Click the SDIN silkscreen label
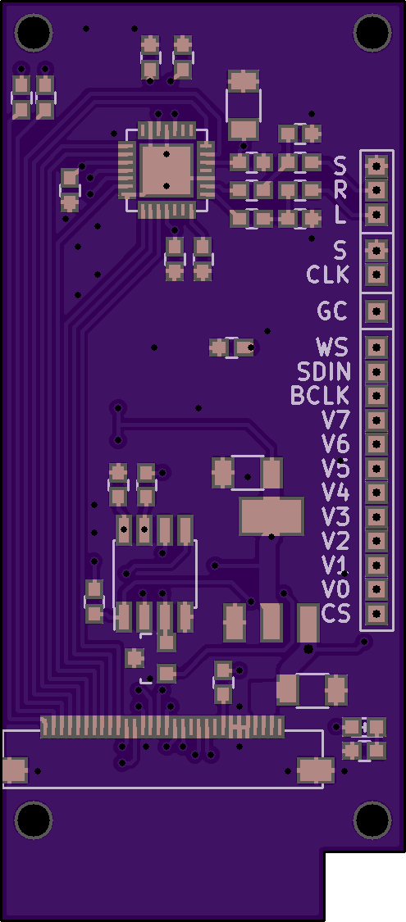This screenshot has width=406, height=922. [324, 371]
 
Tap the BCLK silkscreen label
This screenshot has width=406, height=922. [321, 396]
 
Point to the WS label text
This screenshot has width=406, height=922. [332, 347]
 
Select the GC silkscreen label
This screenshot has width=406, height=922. [332, 311]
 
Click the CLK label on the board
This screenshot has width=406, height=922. [328, 275]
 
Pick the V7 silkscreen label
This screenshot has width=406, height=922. [336, 420]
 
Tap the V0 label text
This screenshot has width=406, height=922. [336, 588]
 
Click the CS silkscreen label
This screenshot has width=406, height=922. [336, 614]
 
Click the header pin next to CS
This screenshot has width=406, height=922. [376, 614]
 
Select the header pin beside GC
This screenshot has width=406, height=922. [376, 311]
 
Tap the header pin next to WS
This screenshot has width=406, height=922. [376, 347]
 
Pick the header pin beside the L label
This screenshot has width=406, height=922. [376, 214]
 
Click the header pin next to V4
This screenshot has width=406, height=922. [376, 493]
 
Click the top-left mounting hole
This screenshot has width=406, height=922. [34, 32]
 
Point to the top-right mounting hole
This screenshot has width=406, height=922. [373, 32]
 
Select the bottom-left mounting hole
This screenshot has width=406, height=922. [34, 820]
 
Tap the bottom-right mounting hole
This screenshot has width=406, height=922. [373, 820]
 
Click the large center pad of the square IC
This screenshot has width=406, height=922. [167, 170]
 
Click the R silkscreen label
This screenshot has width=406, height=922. [340, 190]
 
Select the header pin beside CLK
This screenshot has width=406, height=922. [376, 275]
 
